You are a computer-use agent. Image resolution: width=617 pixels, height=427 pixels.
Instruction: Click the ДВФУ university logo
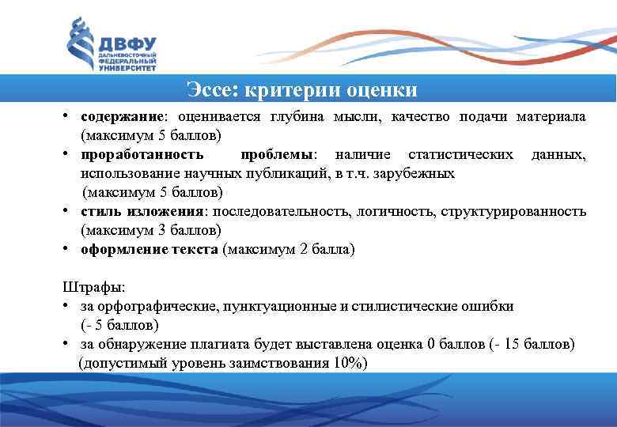point(111,44)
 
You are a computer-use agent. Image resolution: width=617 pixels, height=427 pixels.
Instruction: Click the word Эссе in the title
point(210,90)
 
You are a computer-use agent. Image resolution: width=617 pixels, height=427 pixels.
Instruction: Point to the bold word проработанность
point(141,154)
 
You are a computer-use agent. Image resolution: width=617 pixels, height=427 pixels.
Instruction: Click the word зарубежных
point(420,173)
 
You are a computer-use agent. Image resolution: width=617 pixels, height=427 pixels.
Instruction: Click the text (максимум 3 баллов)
point(150,230)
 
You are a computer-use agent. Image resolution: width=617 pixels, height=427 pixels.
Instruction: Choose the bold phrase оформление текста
point(150,249)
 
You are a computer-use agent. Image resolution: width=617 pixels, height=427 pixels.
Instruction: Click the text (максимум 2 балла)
point(290,249)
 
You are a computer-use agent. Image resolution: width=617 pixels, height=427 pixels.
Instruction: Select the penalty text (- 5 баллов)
point(119,325)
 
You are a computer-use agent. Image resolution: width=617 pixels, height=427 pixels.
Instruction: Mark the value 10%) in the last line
point(351,363)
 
